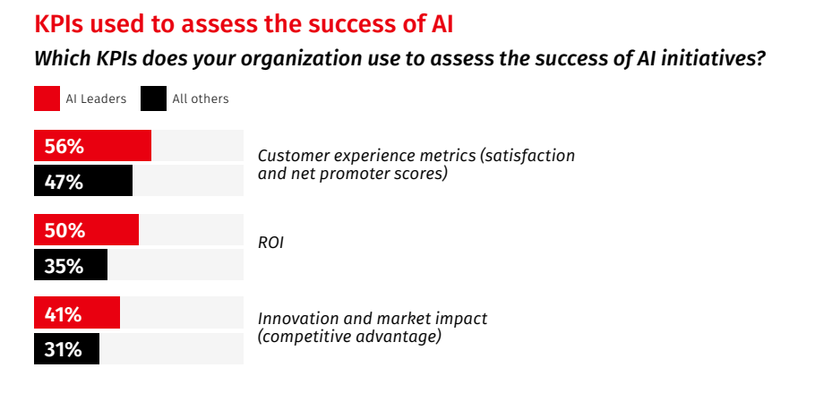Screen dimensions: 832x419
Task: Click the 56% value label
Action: [64, 147]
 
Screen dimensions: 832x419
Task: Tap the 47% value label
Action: [64, 182]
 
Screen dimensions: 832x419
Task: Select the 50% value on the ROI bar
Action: [64, 231]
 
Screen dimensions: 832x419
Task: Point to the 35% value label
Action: [64, 266]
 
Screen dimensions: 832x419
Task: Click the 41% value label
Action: [64, 314]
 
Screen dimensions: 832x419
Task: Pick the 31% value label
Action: [64, 349]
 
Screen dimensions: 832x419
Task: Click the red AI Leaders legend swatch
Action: [47, 98]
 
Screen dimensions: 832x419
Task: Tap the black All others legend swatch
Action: [153, 98]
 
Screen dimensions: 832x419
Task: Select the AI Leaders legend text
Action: [96, 98]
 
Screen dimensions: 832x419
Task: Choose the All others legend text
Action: [201, 98]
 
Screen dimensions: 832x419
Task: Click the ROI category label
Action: [270, 243]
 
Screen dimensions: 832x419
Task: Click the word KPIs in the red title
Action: [59, 24]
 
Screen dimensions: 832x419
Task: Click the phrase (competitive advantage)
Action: [349, 337]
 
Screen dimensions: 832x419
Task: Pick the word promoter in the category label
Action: [349, 174]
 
